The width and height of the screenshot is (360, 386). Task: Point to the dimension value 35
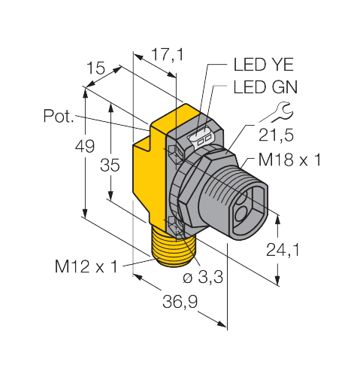point(110,166)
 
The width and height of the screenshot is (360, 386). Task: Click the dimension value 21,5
point(275,138)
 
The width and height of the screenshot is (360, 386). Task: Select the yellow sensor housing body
point(150,181)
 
